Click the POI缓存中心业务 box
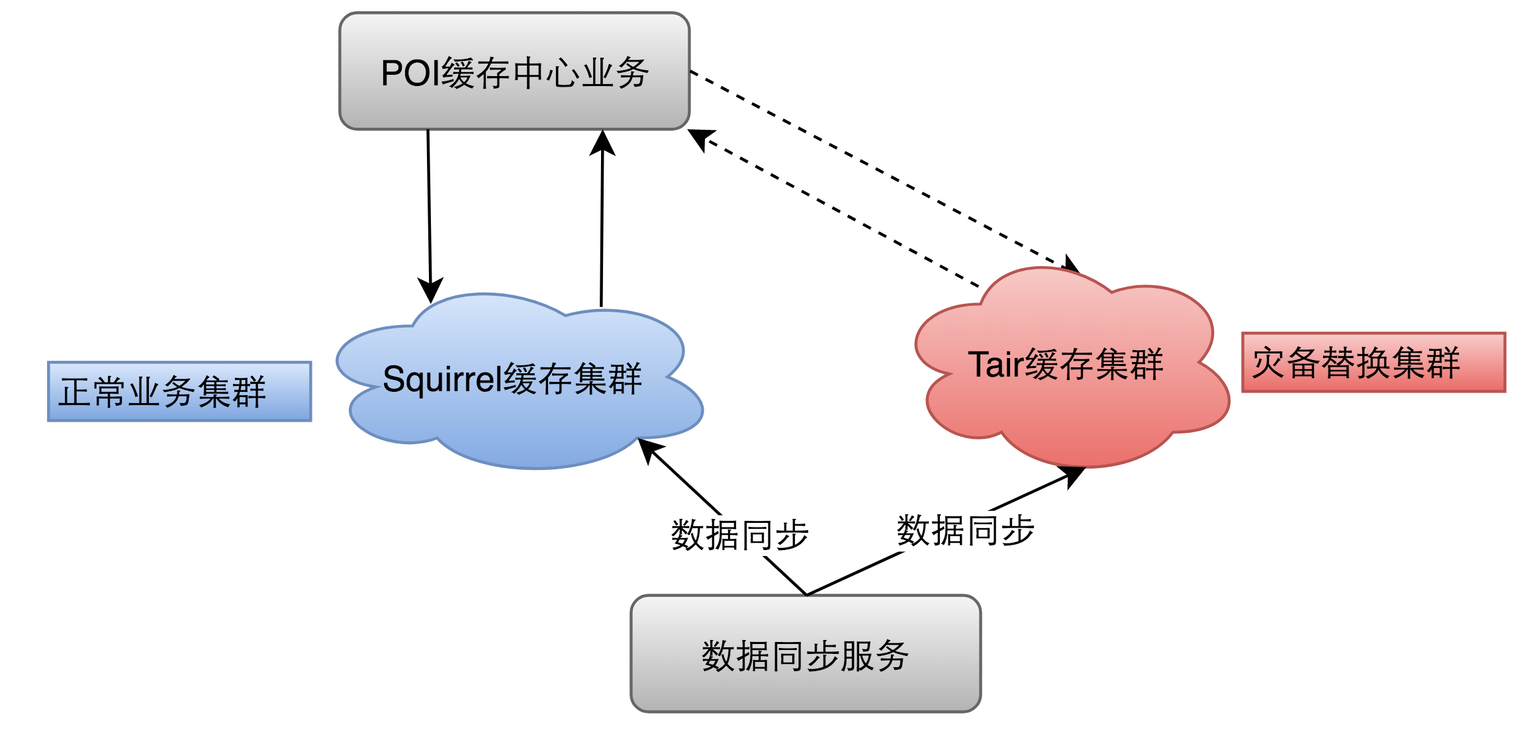[x=514, y=71]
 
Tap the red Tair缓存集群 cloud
[x=1072, y=410]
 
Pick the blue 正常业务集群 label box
[x=179, y=391]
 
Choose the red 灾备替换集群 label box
[x=1373, y=362]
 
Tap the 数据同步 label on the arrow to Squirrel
[x=740, y=535]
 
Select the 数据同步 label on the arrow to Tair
[x=965, y=531]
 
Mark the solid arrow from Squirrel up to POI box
[x=602, y=225]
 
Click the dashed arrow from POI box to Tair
[x=880, y=169]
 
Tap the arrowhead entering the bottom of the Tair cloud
[x=1073, y=475]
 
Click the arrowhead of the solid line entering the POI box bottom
[x=602, y=142]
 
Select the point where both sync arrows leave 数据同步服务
[x=807, y=594]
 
